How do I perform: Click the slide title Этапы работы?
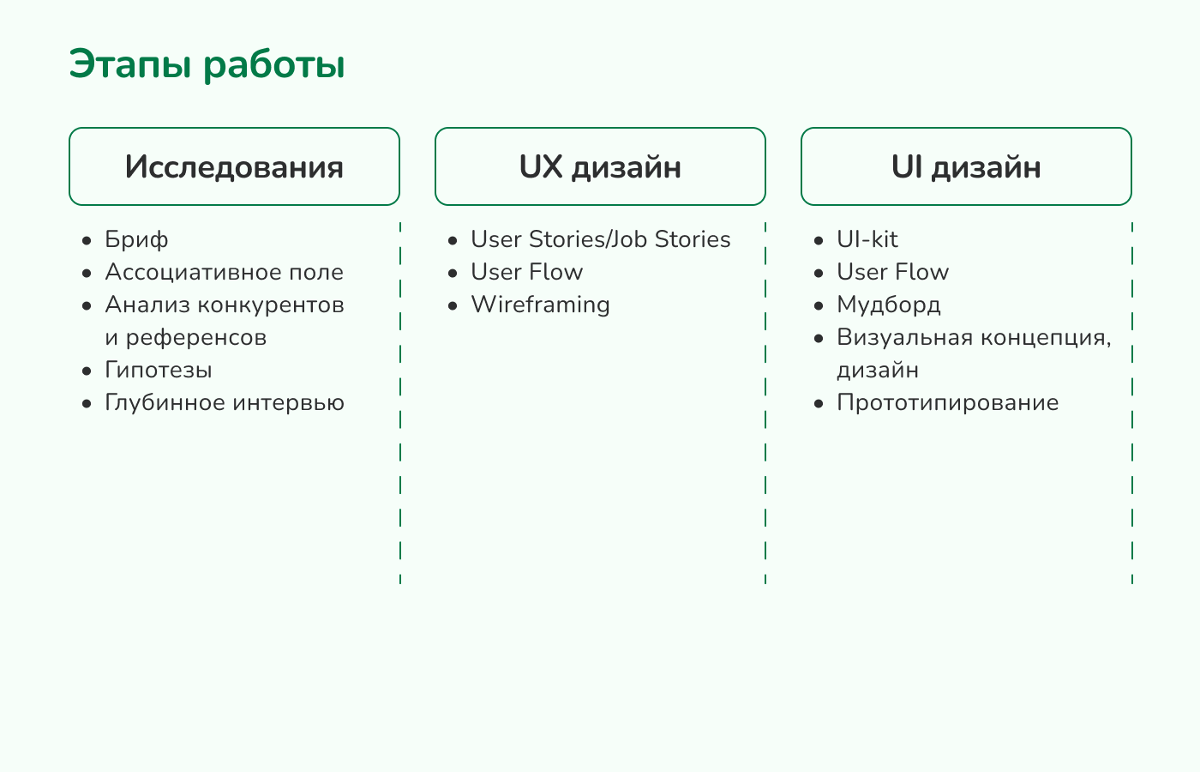pyautogui.click(x=207, y=65)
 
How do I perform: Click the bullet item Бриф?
pyautogui.click(x=136, y=239)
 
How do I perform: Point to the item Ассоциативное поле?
pyautogui.click(x=224, y=272)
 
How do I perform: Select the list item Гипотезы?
pyautogui.click(x=159, y=370)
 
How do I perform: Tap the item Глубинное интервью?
pyautogui.click(x=225, y=402)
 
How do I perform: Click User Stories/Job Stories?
pyautogui.click(x=601, y=239)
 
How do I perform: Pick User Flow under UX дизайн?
pyautogui.click(x=526, y=272)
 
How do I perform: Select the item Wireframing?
pyautogui.click(x=541, y=305)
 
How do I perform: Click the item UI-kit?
pyautogui.click(x=867, y=239)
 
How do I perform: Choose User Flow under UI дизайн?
pyautogui.click(x=892, y=272)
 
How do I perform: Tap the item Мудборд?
pyautogui.click(x=889, y=305)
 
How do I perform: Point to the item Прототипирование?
pyautogui.click(x=948, y=402)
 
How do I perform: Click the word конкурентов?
pyautogui.click(x=271, y=305)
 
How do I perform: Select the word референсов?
pyautogui.click(x=196, y=338)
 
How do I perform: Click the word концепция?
pyautogui.click(x=1047, y=338)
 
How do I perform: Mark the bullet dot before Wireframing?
pyautogui.click(x=453, y=306)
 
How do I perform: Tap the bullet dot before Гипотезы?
pyautogui.click(x=87, y=371)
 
